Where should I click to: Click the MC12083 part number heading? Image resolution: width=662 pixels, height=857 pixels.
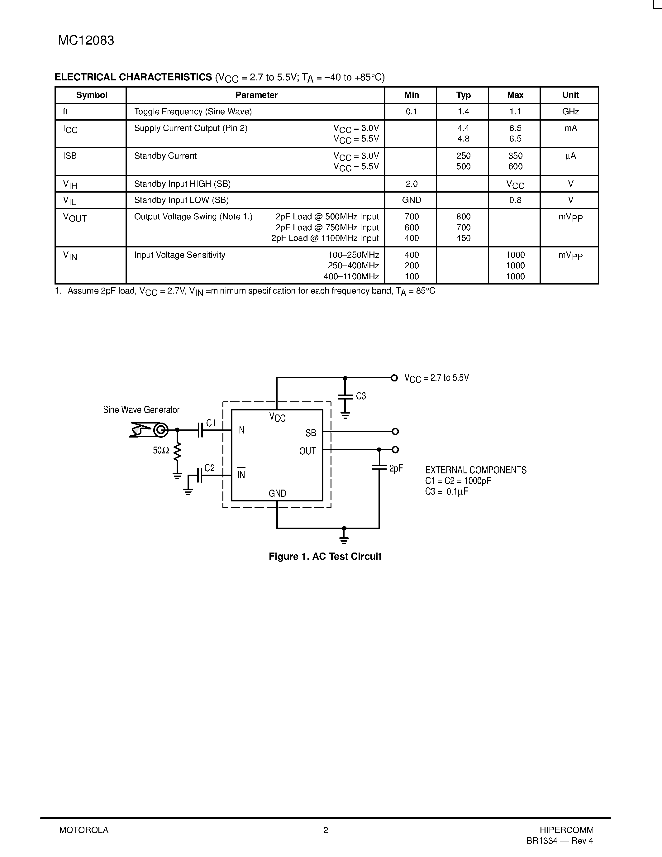coord(86,41)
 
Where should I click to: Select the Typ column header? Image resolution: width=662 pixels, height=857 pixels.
coord(463,95)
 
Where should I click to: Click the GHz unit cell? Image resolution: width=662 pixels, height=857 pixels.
coord(570,112)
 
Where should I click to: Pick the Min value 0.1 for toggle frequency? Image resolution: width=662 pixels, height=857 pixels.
coord(412,112)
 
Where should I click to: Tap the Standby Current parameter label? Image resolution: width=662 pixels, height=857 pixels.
coord(165,156)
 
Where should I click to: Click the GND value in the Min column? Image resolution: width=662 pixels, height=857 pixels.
coord(412,200)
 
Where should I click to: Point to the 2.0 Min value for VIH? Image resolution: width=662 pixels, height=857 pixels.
coord(412,184)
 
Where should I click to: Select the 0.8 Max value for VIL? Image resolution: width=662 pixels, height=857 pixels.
coord(515,200)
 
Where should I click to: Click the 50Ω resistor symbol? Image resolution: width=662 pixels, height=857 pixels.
coord(177,451)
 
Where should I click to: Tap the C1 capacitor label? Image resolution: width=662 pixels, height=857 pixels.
coord(211,423)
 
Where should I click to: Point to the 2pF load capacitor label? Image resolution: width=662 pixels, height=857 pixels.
coord(396,468)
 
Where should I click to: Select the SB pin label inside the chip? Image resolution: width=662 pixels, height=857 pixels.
coord(311,433)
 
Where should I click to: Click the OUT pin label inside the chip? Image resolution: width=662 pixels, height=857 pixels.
coord(307,451)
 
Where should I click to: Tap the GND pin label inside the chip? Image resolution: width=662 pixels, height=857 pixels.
coord(277,493)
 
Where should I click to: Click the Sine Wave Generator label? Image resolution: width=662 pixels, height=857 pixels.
coord(141,410)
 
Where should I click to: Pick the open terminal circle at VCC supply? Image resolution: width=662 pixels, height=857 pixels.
coord(394,378)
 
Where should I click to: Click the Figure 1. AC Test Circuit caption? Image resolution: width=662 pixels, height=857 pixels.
coord(325,556)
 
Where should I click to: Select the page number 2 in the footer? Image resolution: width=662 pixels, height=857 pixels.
coord(326,830)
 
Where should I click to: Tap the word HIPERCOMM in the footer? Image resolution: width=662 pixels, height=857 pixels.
coord(566,830)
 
